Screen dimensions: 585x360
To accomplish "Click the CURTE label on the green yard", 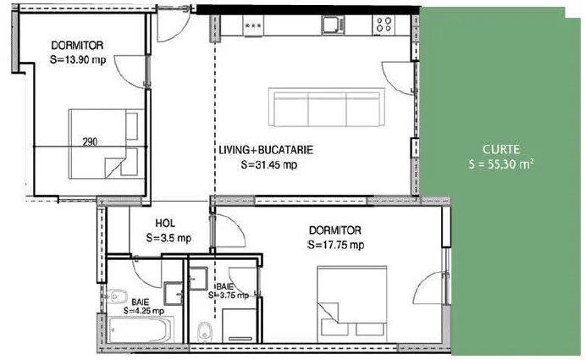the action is coord(500,149).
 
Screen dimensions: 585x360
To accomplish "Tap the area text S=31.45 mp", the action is coord(269,164).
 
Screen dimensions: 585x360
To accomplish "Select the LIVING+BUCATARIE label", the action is coord(266,150).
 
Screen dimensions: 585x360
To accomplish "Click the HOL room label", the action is coord(165,224).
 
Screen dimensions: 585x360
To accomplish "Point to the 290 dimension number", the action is coord(90,142).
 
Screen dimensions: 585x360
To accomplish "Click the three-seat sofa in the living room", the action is coord(327,108).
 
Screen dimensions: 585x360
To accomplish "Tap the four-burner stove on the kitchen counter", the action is coord(384,25).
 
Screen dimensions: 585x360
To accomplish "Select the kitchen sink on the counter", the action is coord(334,25).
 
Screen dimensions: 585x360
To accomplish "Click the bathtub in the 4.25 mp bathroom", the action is coord(141,330).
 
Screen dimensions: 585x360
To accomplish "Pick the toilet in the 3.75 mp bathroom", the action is coord(204,331).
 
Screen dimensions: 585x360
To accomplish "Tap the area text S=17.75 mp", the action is coord(336,245).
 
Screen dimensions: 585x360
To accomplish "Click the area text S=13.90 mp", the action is coord(78,59).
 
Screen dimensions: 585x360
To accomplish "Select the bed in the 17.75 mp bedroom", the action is coord(352,304).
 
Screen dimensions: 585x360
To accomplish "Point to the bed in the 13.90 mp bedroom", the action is coord(107,144).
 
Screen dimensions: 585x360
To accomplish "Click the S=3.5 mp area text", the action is coord(168,238).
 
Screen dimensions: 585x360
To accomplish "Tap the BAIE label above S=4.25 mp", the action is coord(141,302).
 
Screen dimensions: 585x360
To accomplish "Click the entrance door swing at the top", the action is coord(173,25).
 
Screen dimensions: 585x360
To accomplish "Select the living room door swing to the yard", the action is coord(398,78).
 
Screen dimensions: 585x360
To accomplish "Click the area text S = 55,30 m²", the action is coord(500,164).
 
